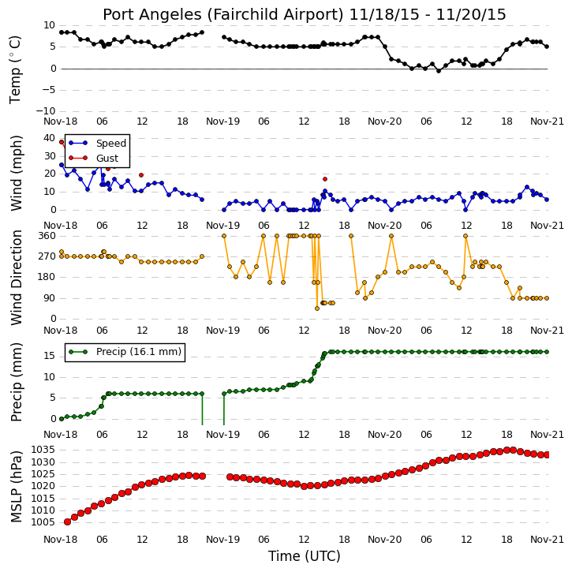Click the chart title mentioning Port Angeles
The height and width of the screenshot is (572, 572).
click(305, 15)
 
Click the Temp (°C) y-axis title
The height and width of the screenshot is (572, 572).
click(15, 69)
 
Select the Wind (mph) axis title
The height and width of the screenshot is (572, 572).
click(16, 173)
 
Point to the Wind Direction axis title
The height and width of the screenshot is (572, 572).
click(16, 278)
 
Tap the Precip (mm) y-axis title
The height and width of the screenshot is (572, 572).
click(16, 382)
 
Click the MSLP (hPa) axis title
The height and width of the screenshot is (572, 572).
click(16, 486)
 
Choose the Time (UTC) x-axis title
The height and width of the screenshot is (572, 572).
click(305, 556)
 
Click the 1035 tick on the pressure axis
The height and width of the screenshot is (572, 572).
click(43, 450)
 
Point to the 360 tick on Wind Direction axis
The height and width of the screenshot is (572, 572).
click(47, 236)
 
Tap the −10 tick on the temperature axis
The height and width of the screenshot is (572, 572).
click(45, 111)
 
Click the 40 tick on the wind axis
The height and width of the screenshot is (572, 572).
click(49, 138)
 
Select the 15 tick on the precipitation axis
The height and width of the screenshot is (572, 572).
click(49, 356)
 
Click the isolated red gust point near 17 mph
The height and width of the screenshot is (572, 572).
click(325, 179)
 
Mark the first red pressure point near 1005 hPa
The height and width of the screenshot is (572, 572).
click(68, 522)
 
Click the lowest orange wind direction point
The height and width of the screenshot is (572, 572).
click(317, 308)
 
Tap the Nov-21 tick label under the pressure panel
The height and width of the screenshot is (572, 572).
click(547, 539)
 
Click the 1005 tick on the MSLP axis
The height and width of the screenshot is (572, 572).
click(43, 522)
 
